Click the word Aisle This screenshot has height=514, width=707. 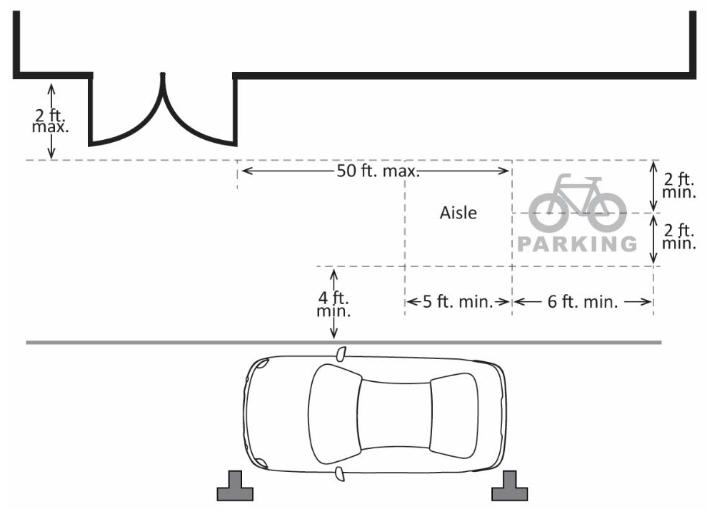[x=458, y=213]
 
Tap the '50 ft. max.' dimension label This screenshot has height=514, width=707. [x=376, y=171]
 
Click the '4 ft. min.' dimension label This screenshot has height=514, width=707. [x=334, y=303]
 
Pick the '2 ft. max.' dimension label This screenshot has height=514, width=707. [x=51, y=121]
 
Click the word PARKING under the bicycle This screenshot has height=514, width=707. [x=577, y=244]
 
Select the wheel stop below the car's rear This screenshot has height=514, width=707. [x=510, y=488]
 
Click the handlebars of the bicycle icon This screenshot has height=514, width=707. [x=564, y=178]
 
